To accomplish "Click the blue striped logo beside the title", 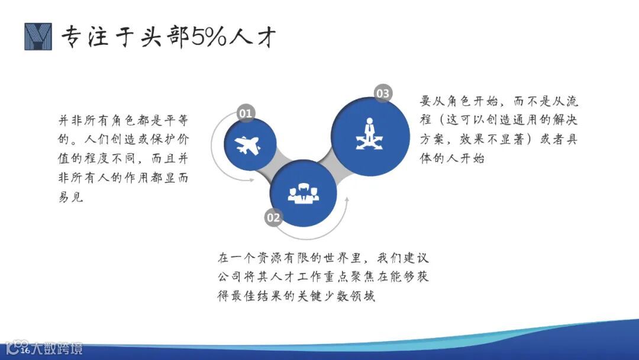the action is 38,36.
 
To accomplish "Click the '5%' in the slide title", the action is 208,36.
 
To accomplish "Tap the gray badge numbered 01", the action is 246,113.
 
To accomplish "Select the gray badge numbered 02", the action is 273,217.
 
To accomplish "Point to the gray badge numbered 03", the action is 383,94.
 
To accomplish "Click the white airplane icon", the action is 247,146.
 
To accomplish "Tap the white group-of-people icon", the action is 303,193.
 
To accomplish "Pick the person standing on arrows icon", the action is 369,134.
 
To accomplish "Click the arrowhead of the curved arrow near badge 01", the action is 251,179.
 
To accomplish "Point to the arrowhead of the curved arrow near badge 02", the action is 347,200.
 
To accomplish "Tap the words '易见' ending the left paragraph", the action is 71,197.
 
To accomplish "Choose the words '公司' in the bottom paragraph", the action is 229,277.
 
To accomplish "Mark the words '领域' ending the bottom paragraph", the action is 363,296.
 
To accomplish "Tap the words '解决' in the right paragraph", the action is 564,120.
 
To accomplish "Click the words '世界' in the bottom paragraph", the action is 336,258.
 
